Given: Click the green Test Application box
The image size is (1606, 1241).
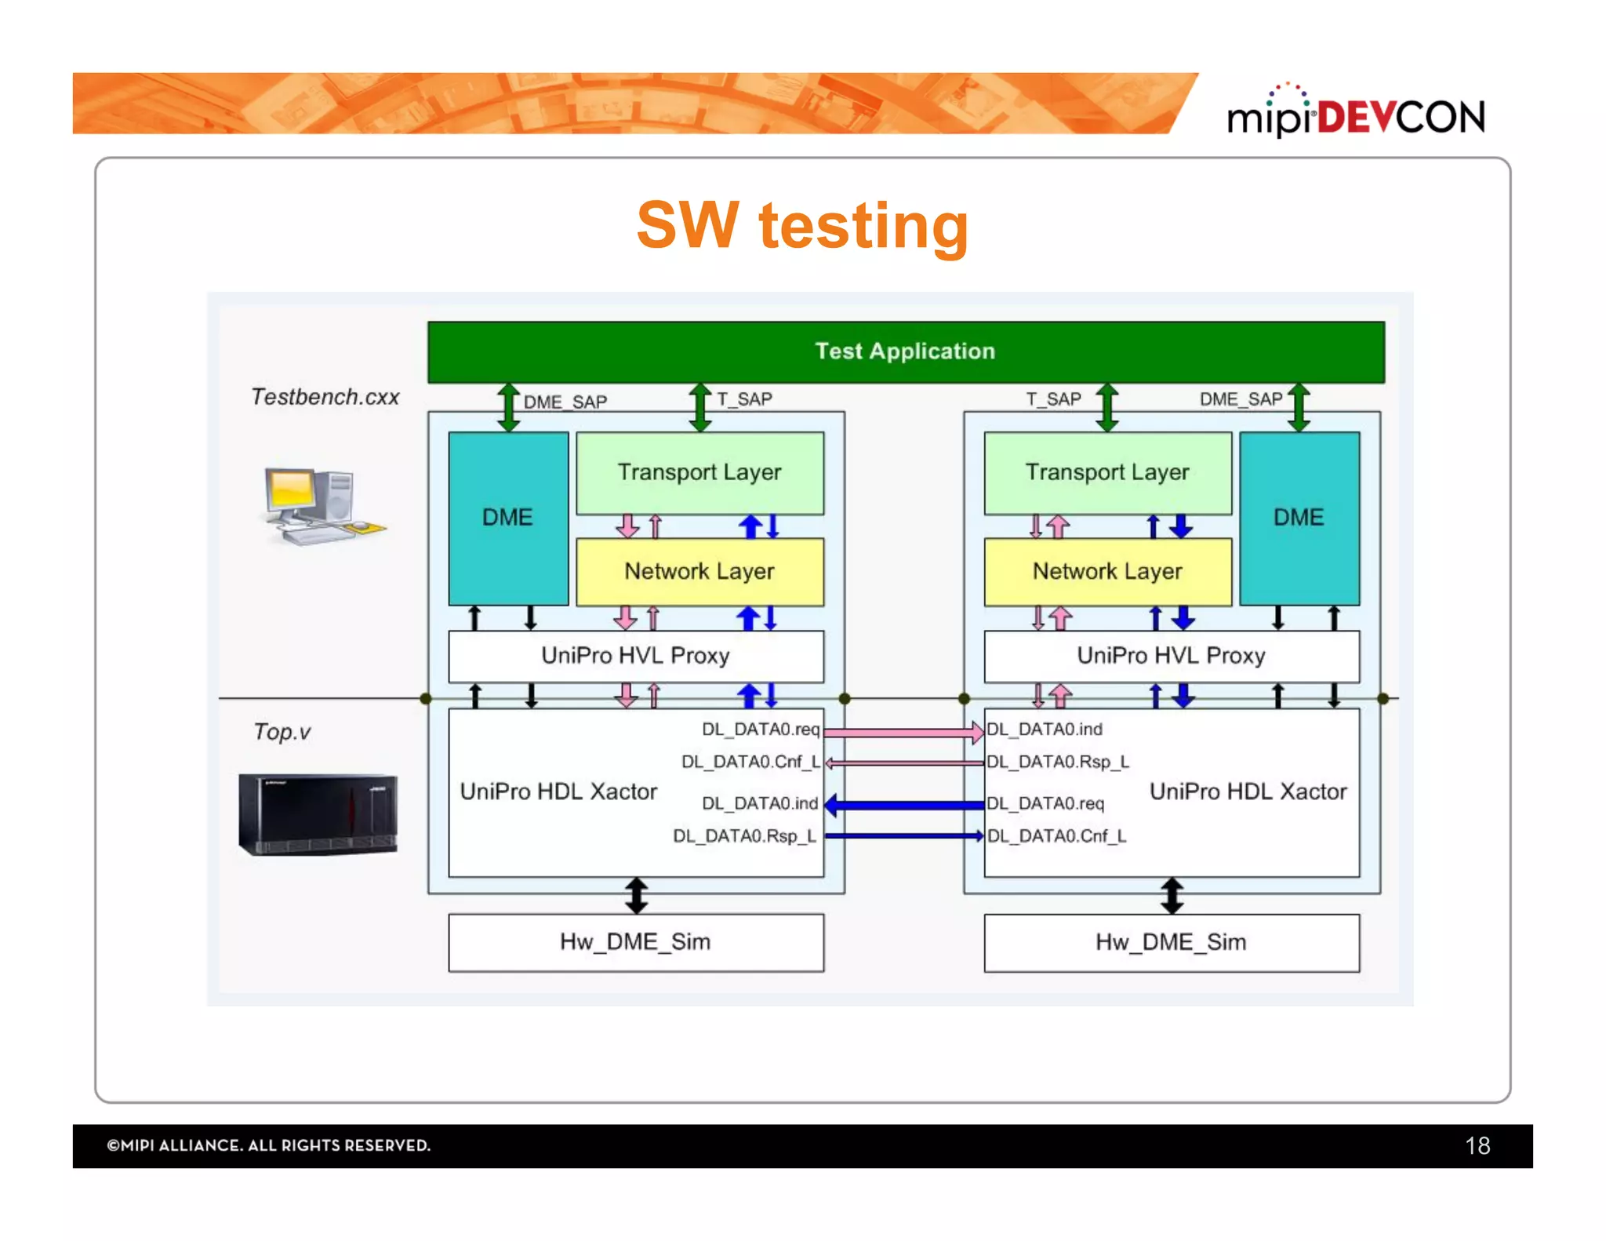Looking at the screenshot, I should pyautogui.click(x=906, y=351).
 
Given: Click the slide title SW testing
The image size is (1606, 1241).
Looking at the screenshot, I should pyautogui.click(x=802, y=225).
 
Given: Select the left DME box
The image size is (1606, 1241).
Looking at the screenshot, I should pyautogui.click(x=508, y=518).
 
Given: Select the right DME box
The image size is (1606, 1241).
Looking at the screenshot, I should pyautogui.click(x=1299, y=518).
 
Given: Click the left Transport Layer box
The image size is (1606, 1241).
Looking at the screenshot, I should pyautogui.click(x=699, y=472).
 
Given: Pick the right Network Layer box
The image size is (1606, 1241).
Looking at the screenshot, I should pyautogui.click(x=1107, y=571).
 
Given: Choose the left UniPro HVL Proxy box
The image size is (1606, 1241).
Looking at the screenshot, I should pyautogui.click(x=635, y=656).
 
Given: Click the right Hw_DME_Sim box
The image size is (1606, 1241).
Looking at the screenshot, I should pyautogui.click(x=1172, y=942).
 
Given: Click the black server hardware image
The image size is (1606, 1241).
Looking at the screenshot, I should pyautogui.click(x=318, y=814).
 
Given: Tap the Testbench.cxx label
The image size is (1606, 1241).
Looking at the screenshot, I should pyautogui.click(x=325, y=397).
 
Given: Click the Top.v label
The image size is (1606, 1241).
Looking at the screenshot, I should pyautogui.click(x=282, y=732).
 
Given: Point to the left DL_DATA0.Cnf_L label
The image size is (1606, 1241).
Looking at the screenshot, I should pyautogui.click(x=750, y=762).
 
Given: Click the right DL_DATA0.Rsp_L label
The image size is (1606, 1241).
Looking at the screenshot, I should pyautogui.click(x=1058, y=762).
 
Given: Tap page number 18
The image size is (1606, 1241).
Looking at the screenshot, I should pyautogui.click(x=1477, y=1146).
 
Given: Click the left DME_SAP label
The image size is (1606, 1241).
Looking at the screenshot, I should pyautogui.click(x=565, y=402).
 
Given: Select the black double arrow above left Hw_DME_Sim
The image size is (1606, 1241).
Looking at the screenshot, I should pyautogui.click(x=637, y=895).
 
